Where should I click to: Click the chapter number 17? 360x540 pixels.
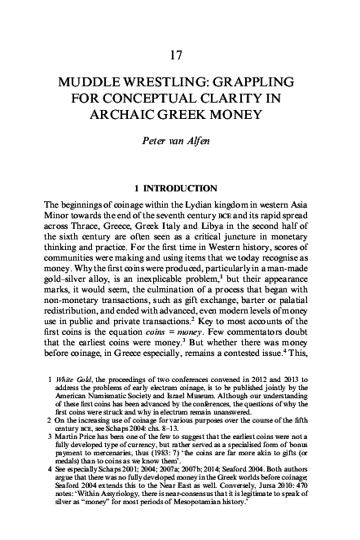(180, 55)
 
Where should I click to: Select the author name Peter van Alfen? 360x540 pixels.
(180, 151)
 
